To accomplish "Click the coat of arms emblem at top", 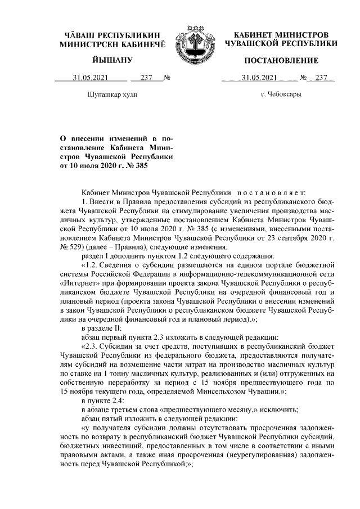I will [x=193, y=41].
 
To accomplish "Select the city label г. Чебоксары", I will [x=281, y=94].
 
